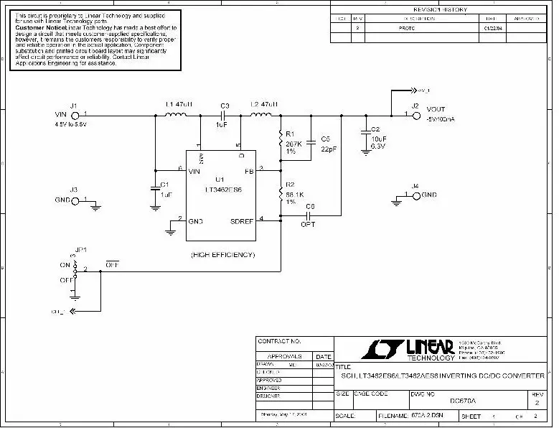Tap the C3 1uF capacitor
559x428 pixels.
(224, 113)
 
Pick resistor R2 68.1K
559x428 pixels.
(281, 192)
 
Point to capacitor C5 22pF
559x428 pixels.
(311, 143)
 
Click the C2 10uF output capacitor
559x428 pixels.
(366, 132)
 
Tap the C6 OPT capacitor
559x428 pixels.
(309, 214)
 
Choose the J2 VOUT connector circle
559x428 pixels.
(415, 114)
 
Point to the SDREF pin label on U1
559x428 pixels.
(243, 221)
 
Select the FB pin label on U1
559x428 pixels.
(249, 172)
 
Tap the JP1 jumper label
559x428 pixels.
(81, 249)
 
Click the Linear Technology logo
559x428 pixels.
(406, 349)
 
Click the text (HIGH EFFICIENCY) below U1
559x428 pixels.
(222, 254)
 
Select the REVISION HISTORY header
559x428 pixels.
(440, 9)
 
